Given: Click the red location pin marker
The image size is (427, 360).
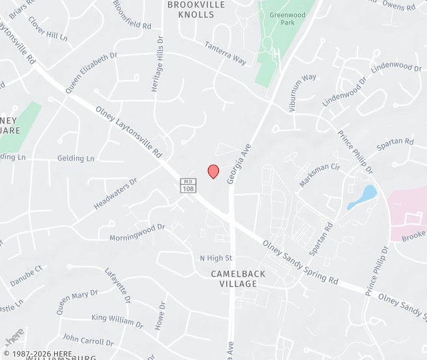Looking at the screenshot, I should click(213, 171).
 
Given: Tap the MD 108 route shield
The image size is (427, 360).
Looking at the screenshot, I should click(188, 186).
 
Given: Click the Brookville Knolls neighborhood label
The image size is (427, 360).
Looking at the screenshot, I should click(196, 9).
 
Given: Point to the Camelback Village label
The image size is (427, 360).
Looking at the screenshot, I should click(238, 279).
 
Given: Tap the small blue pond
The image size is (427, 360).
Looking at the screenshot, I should click(363, 197).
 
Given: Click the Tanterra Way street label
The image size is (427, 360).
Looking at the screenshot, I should click(226, 53).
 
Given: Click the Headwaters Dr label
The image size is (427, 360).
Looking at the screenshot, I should click(115, 193).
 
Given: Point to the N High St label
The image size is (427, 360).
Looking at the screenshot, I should click(216, 258).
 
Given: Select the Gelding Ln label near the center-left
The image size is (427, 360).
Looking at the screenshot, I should click(75, 159).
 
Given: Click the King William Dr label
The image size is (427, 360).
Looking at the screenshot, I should click(117, 320).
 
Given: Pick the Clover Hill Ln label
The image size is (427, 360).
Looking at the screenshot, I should click(47, 29).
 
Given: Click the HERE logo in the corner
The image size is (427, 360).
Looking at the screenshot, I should click(15, 335).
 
